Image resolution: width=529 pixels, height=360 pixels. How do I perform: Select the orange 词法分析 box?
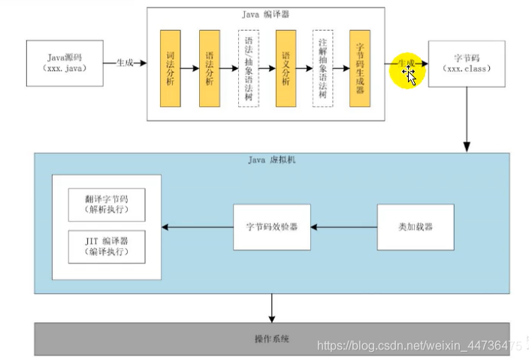pyautogui.click(x=171, y=69)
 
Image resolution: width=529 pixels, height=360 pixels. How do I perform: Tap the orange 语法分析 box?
pyautogui.click(x=209, y=69)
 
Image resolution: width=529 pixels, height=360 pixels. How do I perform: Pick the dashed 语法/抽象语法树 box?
pyautogui.click(x=248, y=69)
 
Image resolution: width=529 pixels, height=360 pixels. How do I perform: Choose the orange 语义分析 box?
pyautogui.click(x=286, y=69)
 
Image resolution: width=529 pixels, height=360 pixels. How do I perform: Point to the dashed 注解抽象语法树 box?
pyautogui.click(x=323, y=69)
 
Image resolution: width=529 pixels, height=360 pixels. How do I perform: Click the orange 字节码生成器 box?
pyautogui.click(x=360, y=69)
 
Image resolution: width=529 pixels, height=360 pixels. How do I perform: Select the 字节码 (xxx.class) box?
pyautogui.click(x=466, y=63)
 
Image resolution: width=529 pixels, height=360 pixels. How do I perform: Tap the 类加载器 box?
pyautogui.click(x=416, y=226)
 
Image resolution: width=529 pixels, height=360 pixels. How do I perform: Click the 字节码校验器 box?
pyautogui.click(x=272, y=226)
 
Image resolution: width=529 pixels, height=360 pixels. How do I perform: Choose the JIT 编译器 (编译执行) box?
pyautogui.click(x=107, y=247)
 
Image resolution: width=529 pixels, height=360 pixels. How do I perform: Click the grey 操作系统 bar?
pyautogui.click(x=272, y=339)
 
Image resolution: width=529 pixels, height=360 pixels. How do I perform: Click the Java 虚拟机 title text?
pyautogui.click(x=272, y=160)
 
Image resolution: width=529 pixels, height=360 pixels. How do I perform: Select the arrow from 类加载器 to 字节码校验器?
pyautogui.click(x=343, y=226)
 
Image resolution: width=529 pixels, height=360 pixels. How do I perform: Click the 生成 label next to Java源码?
pyautogui.click(x=125, y=64)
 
